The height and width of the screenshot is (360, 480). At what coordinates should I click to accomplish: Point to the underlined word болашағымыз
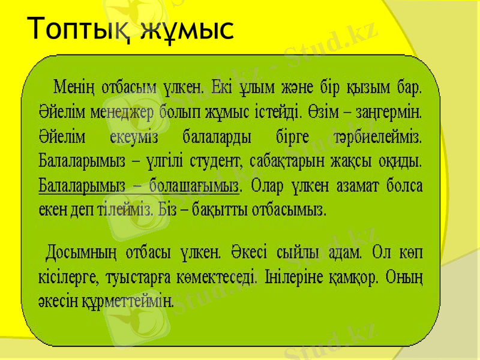click(194, 186)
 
